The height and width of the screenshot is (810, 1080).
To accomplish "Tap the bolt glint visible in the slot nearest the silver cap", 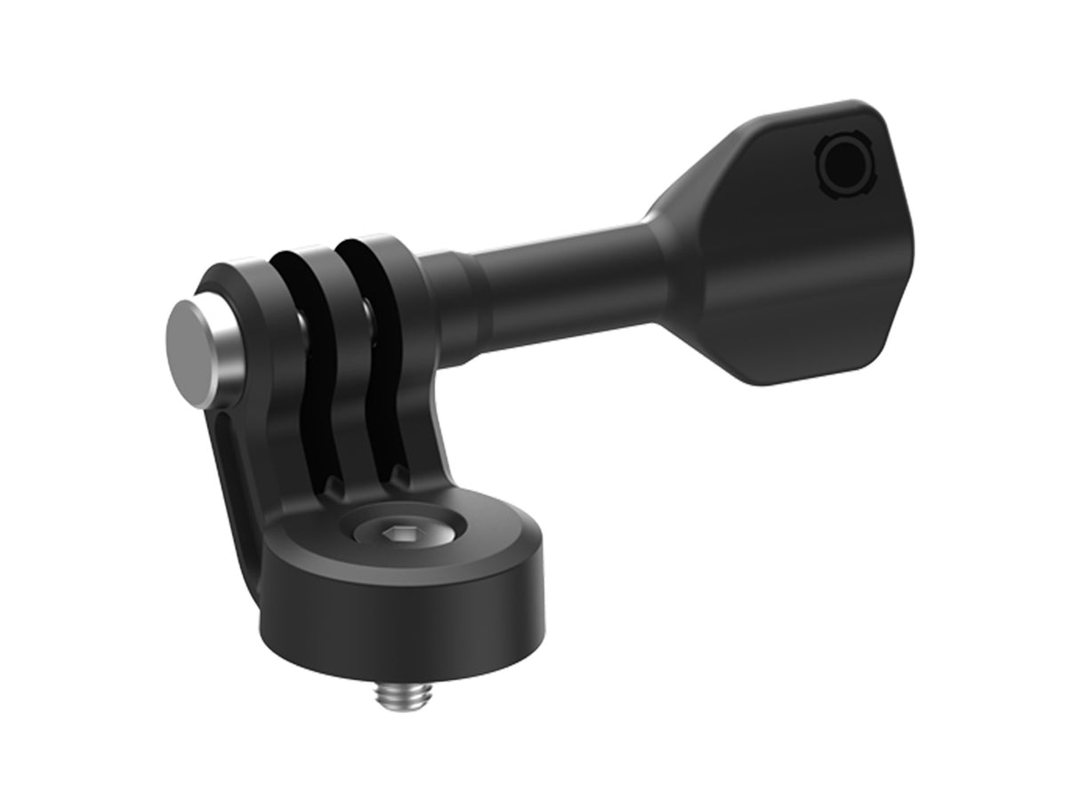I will [x=303, y=316].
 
